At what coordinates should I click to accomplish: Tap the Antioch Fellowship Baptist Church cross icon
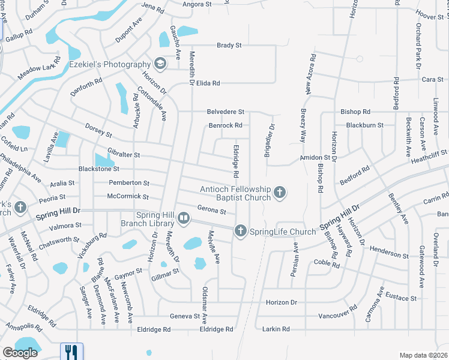279,193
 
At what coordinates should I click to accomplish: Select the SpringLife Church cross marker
240,231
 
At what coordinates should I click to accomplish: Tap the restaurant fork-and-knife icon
71,351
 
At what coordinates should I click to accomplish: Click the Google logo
20,353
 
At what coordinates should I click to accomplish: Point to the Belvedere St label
226,112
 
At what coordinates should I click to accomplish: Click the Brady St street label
229,45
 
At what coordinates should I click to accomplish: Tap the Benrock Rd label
225,125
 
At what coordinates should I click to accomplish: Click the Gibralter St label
124,154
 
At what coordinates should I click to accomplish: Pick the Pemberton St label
128,182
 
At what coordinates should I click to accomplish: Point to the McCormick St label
127,196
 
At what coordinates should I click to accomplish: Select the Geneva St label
184,316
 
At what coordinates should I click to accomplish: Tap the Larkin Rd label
277,329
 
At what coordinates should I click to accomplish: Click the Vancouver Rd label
337,315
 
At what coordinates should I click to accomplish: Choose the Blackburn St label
365,125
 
